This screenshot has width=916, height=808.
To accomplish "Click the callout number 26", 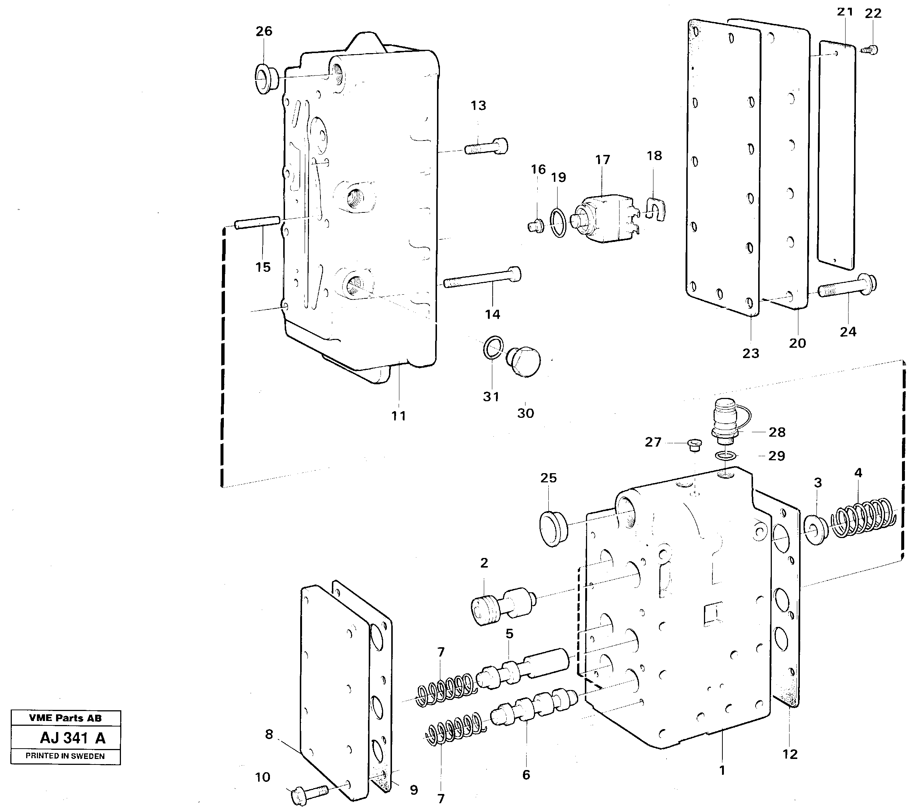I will tap(264, 31).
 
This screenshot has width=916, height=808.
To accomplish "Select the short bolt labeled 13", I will tap(486, 146).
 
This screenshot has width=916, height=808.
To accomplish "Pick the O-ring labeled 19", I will tap(558, 223).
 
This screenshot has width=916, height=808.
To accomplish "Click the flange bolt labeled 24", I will tap(847, 287).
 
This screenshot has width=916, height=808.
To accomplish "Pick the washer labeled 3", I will tap(816, 530).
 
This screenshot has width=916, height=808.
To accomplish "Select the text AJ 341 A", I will tap(73, 738).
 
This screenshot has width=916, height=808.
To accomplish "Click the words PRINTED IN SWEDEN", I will tap(65, 756).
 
